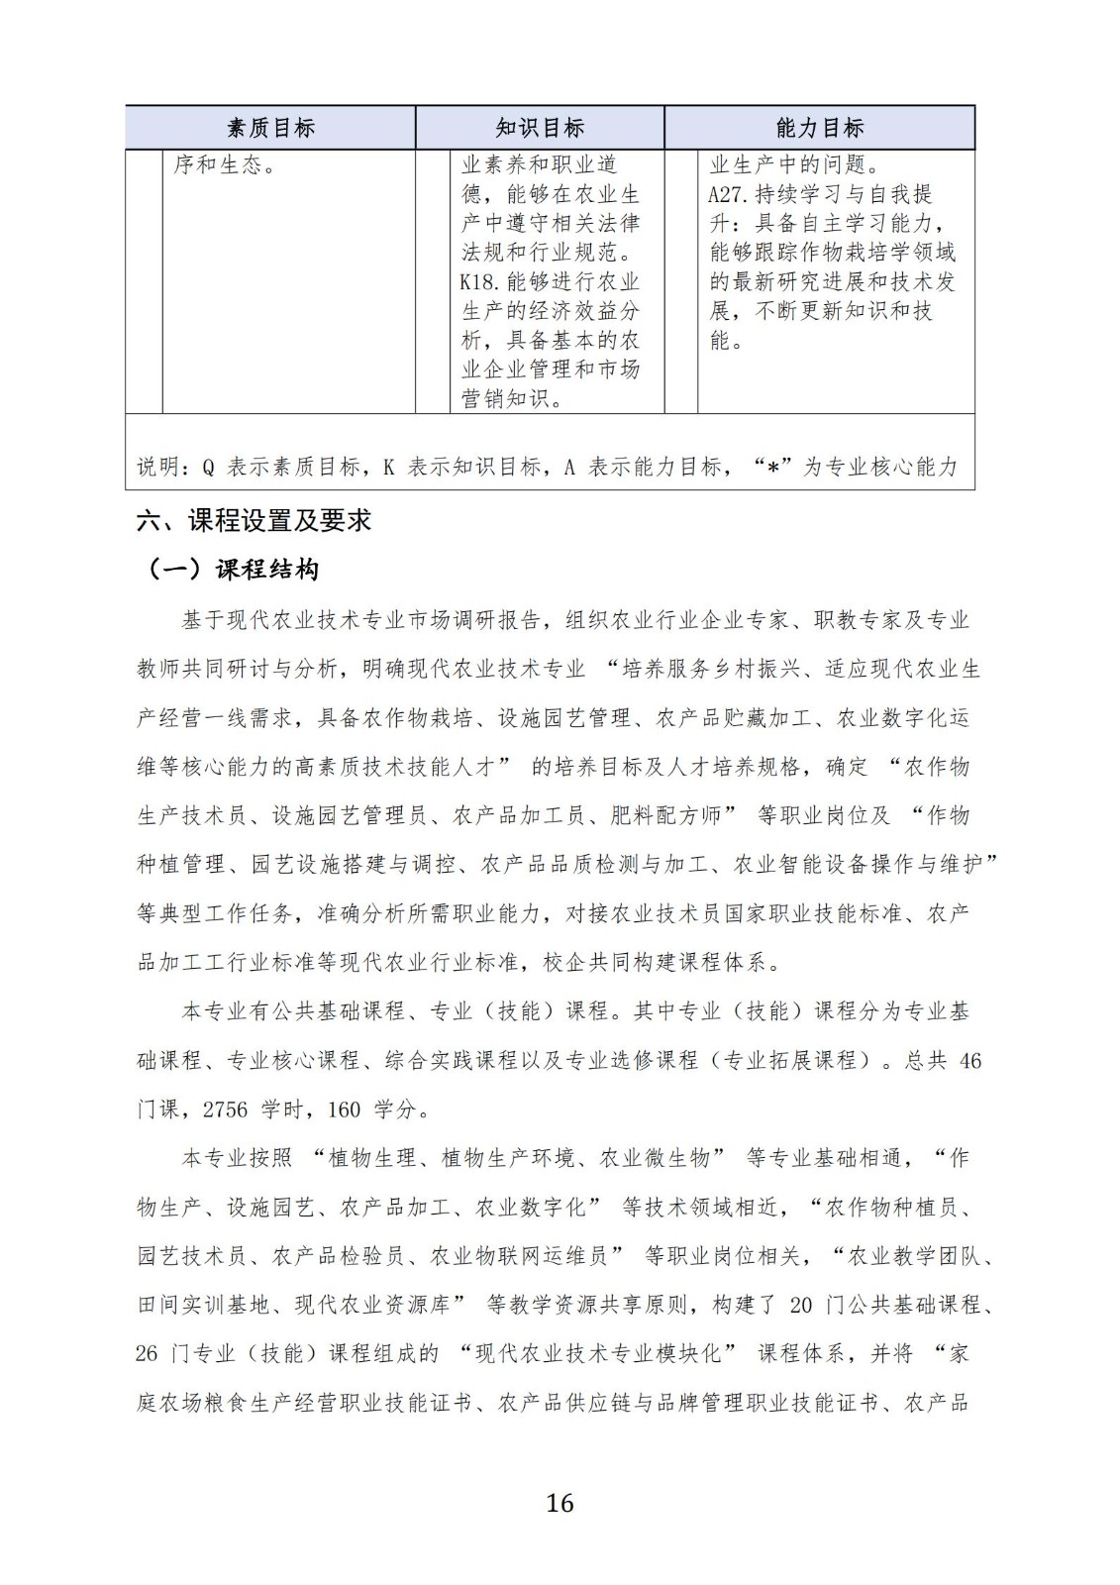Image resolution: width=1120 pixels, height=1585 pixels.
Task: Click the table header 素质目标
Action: point(270,128)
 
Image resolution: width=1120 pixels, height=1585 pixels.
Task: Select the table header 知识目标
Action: point(540,128)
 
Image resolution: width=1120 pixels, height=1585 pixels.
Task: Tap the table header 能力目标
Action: point(820,128)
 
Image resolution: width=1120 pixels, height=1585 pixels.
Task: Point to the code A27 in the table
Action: point(727,194)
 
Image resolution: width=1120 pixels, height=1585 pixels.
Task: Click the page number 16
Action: point(560,1503)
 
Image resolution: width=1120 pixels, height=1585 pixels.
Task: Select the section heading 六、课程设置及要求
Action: point(254,520)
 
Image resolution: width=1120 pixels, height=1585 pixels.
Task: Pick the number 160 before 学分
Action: point(344,1109)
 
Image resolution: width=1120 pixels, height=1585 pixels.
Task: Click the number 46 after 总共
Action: point(970,1061)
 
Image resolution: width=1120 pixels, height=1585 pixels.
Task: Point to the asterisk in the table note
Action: point(772,468)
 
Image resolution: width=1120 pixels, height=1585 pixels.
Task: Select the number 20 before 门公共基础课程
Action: point(801,1306)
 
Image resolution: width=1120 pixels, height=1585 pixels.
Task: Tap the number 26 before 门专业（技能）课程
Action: point(147,1354)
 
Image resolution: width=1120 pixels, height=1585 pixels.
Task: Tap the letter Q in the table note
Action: point(208,468)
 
